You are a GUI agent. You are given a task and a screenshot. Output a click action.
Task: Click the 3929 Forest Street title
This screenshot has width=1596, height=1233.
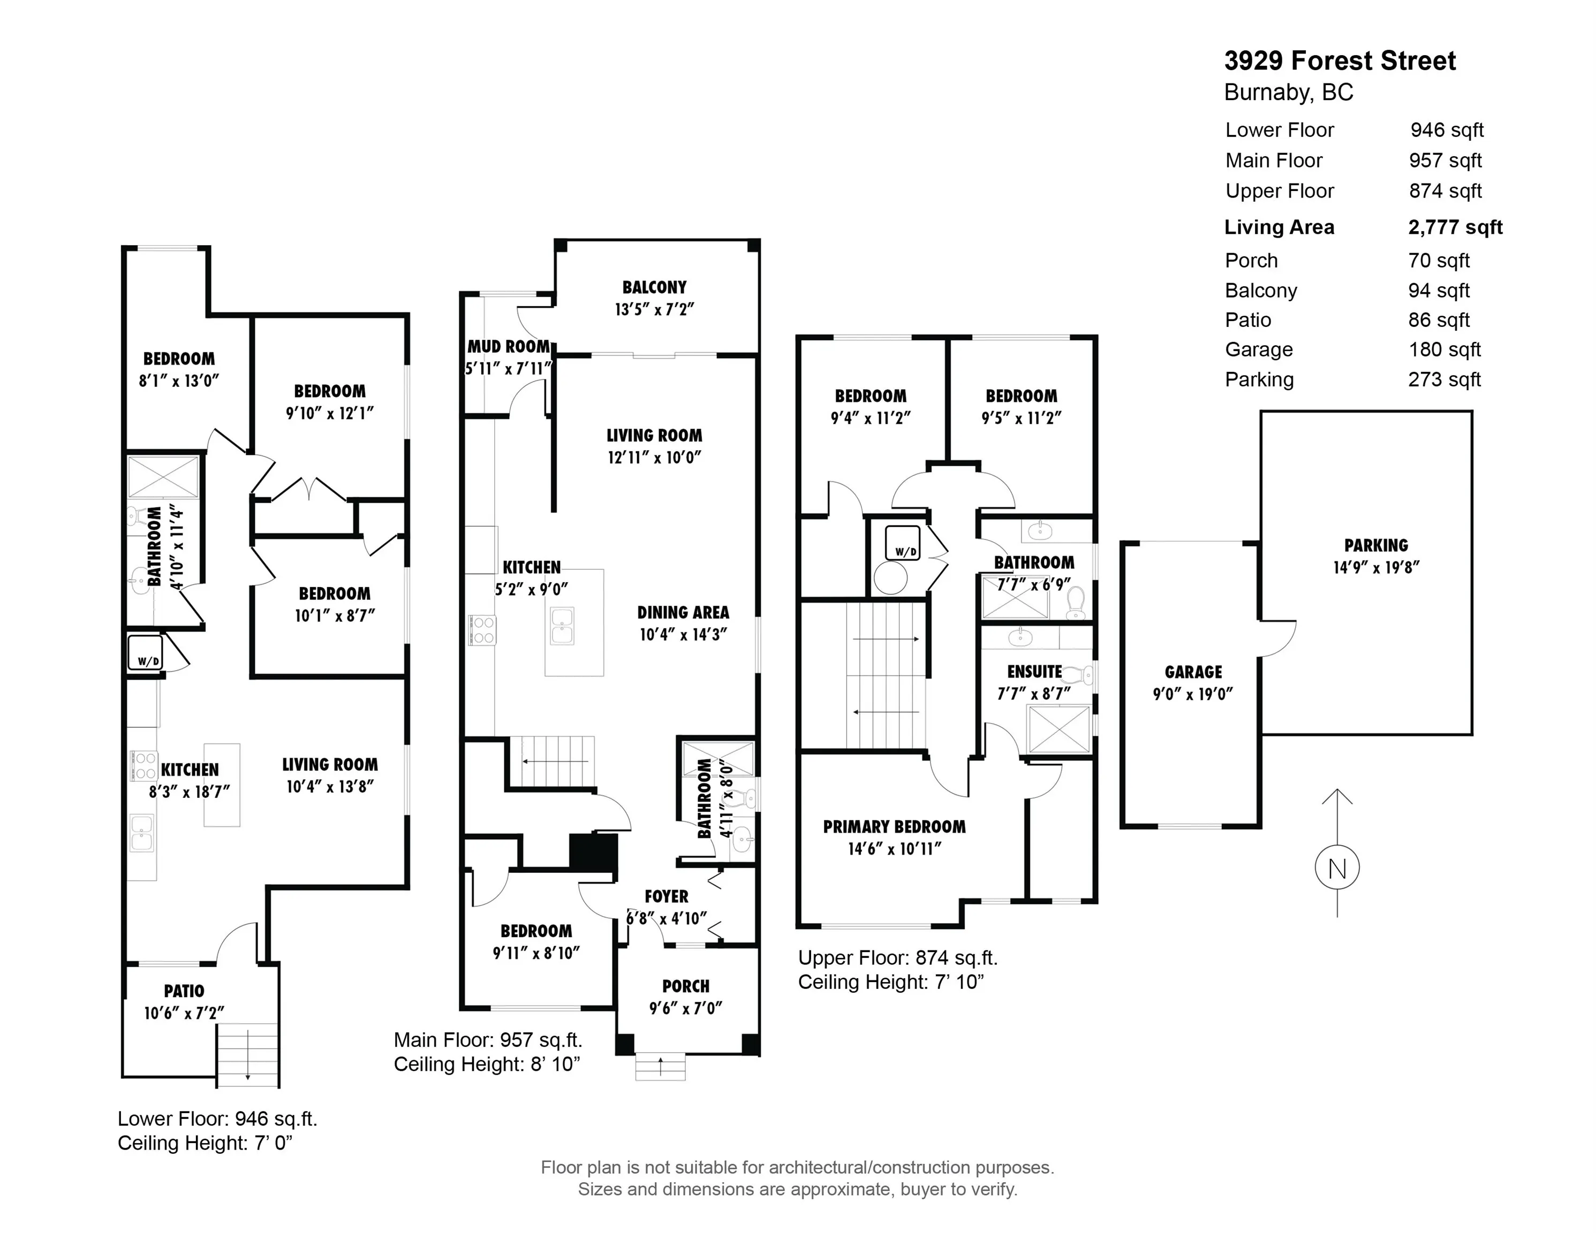click(1340, 60)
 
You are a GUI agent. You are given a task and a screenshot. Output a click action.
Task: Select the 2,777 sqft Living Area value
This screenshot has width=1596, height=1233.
click(1455, 227)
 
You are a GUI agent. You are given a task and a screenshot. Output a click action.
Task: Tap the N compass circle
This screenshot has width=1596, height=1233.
click(1336, 869)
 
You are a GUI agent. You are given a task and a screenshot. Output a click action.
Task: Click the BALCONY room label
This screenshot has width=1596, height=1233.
click(654, 287)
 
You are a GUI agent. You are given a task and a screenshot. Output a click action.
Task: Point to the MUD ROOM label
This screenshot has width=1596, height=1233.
click(509, 346)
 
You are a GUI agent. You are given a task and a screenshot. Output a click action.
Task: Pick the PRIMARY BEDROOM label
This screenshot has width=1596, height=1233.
click(894, 827)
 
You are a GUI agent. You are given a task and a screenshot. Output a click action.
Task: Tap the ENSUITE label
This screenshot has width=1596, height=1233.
click(1034, 671)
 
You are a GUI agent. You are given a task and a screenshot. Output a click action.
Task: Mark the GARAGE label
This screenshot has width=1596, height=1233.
click(1193, 672)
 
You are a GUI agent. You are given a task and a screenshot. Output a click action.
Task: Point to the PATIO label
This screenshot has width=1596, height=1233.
click(184, 991)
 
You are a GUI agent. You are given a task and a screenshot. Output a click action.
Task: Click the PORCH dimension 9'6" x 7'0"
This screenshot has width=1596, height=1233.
click(685, 1009)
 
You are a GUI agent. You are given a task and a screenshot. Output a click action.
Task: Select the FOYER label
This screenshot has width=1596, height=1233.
click(665, 896)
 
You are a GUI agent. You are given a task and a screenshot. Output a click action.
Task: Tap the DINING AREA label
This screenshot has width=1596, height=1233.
click(683, 612)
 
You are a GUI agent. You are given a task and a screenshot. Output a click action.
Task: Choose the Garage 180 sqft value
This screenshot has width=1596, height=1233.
click(1444, 350)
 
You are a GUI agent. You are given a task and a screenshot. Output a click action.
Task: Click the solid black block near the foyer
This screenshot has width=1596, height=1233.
click(593, 853)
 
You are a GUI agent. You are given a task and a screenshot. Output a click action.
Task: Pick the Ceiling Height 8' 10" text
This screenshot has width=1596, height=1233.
click(487, 1064)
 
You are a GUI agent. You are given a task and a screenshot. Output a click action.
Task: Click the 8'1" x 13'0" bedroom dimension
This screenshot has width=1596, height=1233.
click(178, 380)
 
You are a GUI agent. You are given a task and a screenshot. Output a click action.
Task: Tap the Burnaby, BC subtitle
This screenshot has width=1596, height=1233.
click(1288, 93)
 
